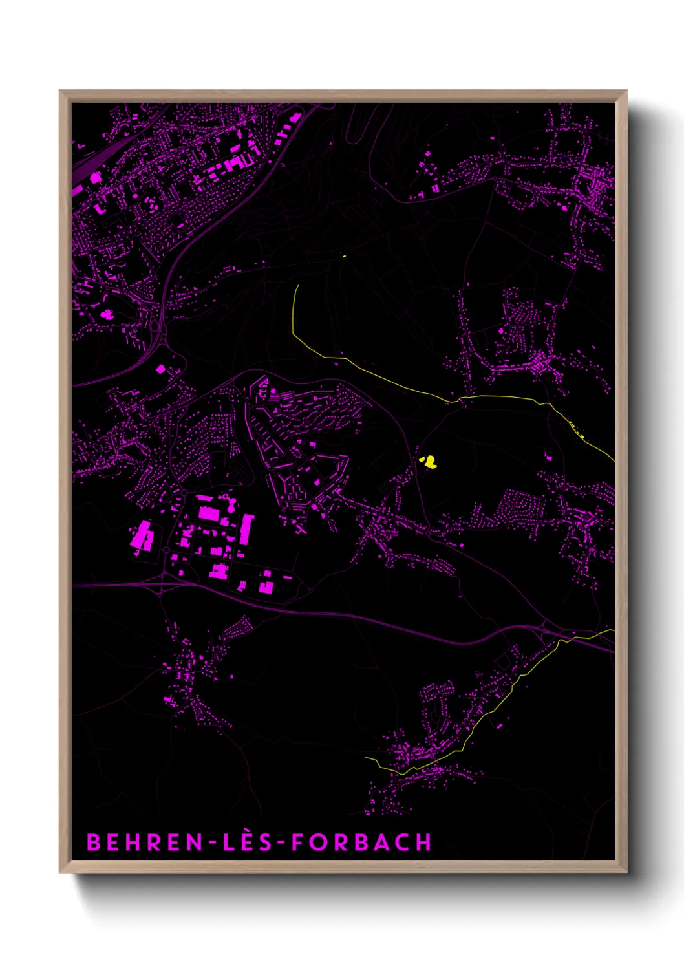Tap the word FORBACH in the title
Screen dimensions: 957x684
(361, 842)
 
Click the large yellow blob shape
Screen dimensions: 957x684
(428, 461)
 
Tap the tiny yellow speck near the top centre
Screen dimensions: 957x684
(344, 257)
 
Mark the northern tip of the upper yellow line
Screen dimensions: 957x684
(298, 285)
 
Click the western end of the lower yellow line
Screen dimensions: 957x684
(367, 757)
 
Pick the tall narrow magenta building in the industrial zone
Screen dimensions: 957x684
(246, 529)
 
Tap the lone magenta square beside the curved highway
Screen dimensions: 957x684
(160, 369)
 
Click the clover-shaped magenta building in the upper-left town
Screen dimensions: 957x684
(106, 316)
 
